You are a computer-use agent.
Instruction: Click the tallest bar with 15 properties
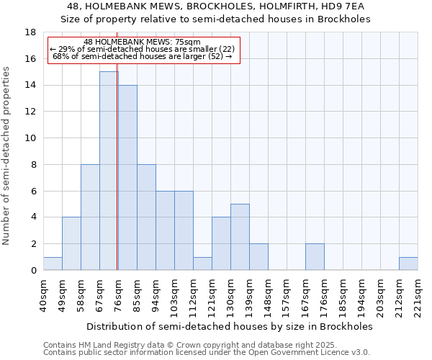point(109,171)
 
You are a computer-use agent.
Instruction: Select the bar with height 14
point(127,177)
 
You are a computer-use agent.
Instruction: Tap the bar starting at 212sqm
point(408,264)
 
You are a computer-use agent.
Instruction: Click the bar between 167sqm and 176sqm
point(315,257)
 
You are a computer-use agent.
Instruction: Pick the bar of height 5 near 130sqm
point(240,237)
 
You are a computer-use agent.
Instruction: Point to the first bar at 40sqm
point(53,264)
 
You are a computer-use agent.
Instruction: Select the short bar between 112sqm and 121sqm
point(202,264)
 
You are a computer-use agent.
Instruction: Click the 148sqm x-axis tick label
point(268,294)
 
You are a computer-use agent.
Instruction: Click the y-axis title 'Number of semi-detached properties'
point(7,156)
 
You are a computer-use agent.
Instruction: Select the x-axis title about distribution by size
point(230,326)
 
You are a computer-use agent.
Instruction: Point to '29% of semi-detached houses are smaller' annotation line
point(142,49)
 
